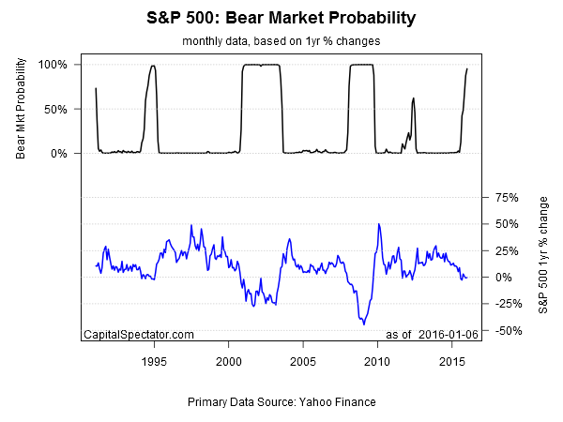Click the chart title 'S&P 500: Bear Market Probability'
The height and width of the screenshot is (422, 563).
(x=281, y=18)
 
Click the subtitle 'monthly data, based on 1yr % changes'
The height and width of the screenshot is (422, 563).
(x=281, y=42)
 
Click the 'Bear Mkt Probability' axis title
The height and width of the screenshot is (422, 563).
(x=21, y=109)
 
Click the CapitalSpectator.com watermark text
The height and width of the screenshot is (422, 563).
(x=139, y=335)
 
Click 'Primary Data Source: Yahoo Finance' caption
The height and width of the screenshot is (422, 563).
(x=281, y=401)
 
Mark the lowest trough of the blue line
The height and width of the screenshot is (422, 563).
(x=363, y=324)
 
